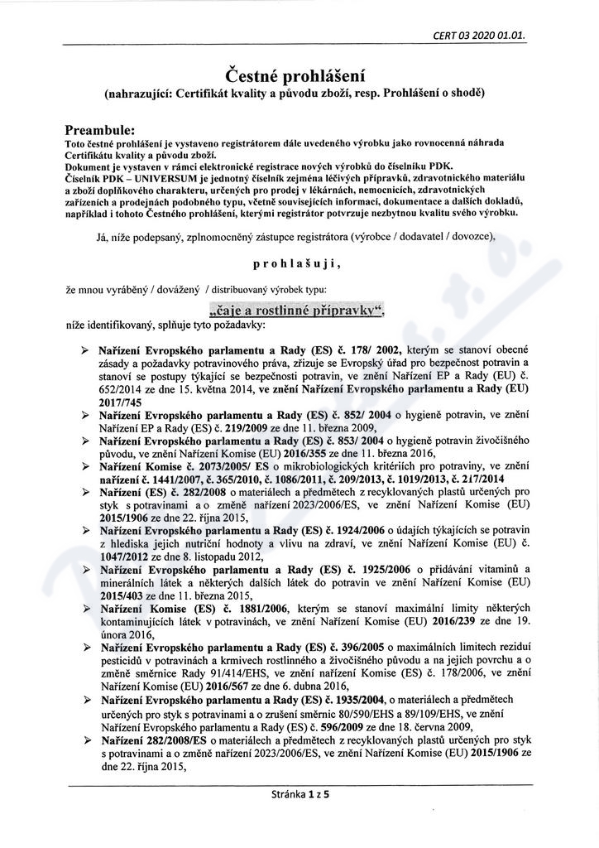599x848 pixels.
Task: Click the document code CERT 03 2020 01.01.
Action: (x=480, y=36)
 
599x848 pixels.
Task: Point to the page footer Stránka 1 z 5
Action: (x=299, y=793)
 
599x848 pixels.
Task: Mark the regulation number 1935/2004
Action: (x=369, y=701)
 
